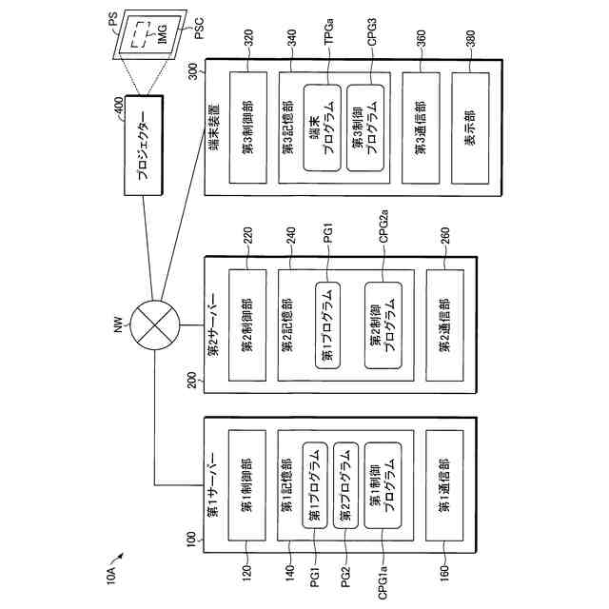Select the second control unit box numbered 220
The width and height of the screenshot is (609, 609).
click(246, 323)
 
